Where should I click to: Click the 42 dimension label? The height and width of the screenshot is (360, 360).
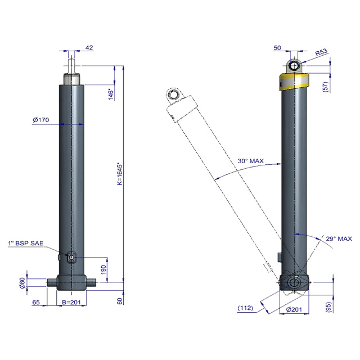tap(89, 47)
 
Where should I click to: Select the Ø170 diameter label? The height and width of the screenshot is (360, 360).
tap(41, 120)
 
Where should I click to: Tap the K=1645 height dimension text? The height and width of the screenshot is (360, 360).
tap(120, 174)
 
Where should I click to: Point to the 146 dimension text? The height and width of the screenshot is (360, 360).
tap(111, 94)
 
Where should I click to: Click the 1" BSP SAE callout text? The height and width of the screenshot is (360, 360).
tap(26, 243)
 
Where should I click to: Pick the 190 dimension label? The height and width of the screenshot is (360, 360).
tap(103, 269)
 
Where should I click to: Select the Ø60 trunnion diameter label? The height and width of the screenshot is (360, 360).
tap(22, 283)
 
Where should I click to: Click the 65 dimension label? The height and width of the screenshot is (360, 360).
tap(36, 302)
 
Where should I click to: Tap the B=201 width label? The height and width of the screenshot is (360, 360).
tap(71, 302)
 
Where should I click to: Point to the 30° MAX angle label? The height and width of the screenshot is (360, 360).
tap(251, 161)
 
